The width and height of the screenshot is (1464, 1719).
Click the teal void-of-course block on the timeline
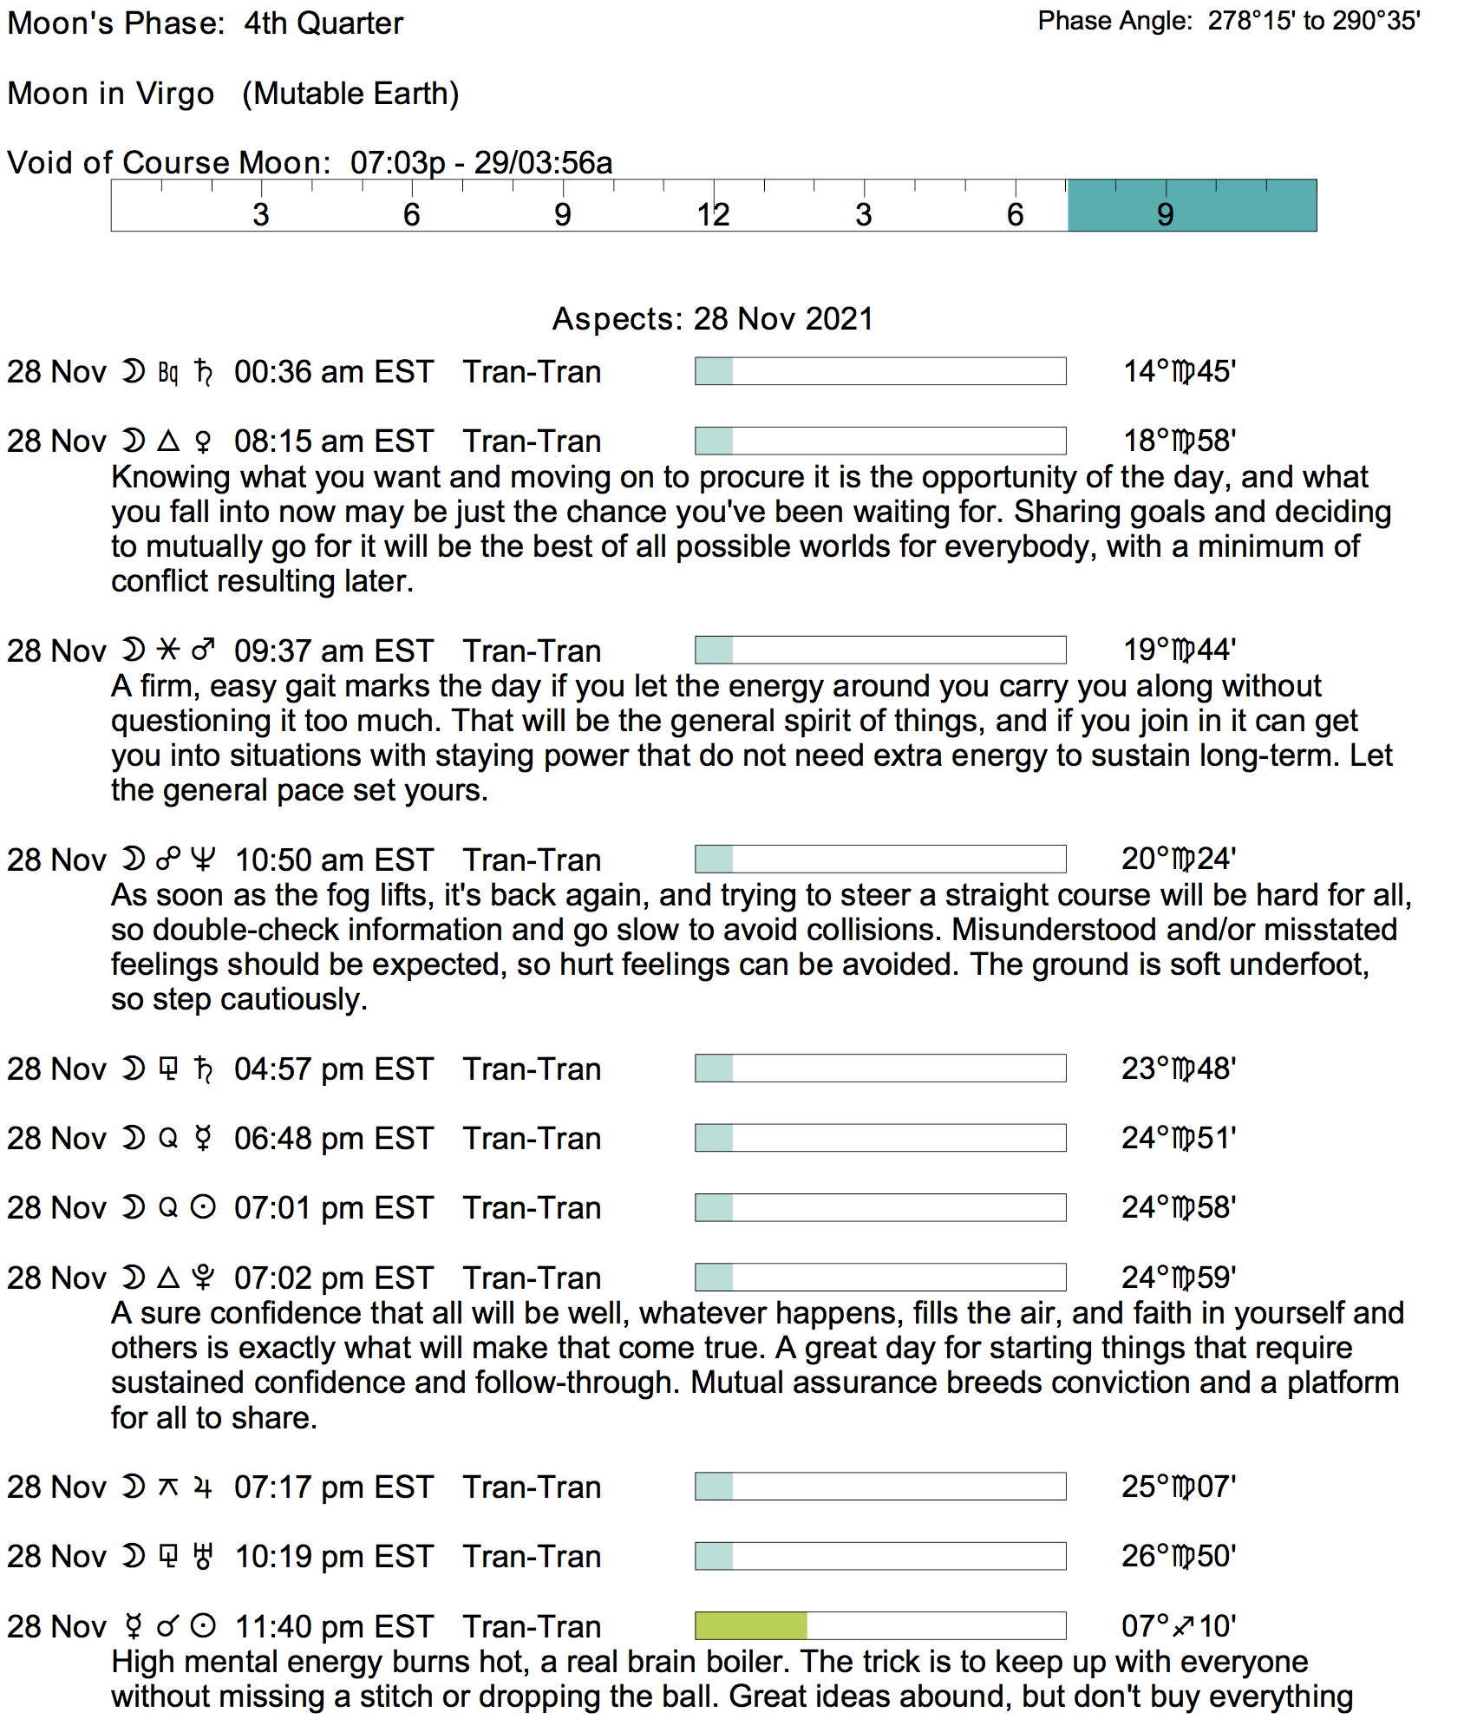click(x=1192, y=206)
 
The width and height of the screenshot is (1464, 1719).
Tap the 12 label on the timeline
click(x=713, y=214)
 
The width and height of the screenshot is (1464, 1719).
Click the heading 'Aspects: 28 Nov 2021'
click(x=712, y=319)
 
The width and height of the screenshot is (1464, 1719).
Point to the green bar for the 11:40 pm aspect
click(x=751, y=1625)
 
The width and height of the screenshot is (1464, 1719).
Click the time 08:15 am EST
click(x=333, y=441)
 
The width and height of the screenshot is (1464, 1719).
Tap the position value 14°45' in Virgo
click(x=1179, y=371)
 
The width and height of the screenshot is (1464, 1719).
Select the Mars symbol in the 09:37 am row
click(x=203, y=650)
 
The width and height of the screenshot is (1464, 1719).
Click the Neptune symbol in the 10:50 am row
click(x=203, y=859)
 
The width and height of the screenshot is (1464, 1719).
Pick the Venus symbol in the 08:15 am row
click(x=203, y=441)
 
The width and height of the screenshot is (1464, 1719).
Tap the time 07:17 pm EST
click(x=333, y=1487)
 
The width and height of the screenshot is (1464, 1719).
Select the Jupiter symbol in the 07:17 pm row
click(x=203, y=1487)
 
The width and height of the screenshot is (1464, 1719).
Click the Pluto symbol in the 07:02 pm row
click(x=203, y=1278)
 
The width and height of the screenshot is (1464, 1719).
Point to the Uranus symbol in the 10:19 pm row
click(x=203, y=1556)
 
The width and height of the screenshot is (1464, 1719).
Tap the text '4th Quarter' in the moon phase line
click(x=324, y=23)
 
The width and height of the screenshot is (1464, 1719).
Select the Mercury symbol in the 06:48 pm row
click(x=203, y=1138)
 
